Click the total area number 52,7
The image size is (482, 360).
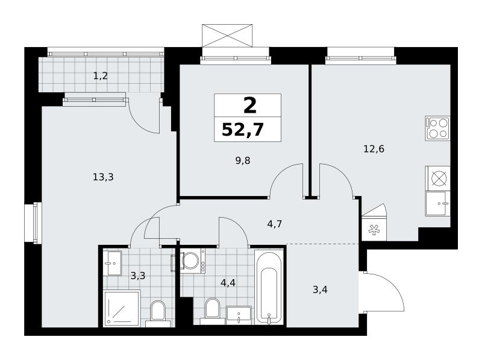(243, 129)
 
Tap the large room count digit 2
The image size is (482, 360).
(250, 106)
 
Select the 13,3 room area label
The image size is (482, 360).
(103, 177)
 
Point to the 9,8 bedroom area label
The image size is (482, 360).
(243, 160)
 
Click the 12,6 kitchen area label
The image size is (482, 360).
(374, 149)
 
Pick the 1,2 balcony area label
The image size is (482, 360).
(101, 76)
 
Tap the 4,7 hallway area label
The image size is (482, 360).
(275, 224)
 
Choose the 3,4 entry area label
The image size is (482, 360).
(320, 289)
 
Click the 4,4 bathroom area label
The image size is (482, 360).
(228, 282)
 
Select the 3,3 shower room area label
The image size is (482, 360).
(138, 276)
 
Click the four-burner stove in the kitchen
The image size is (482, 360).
(437, 128)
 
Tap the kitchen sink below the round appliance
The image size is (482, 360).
(437, 204)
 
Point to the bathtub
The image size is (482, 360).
(269, 287)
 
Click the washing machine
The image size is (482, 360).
(193, 261)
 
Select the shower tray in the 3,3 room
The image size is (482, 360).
(122, 308)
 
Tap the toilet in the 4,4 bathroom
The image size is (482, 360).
(212, 311)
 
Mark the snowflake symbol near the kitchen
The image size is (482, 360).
(374, 230)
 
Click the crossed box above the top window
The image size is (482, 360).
(227, 36)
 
